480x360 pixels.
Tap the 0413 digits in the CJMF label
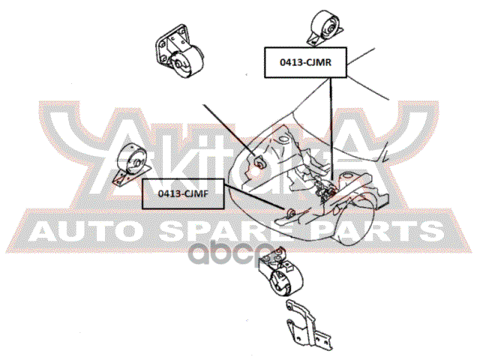click(x=170, y=193)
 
